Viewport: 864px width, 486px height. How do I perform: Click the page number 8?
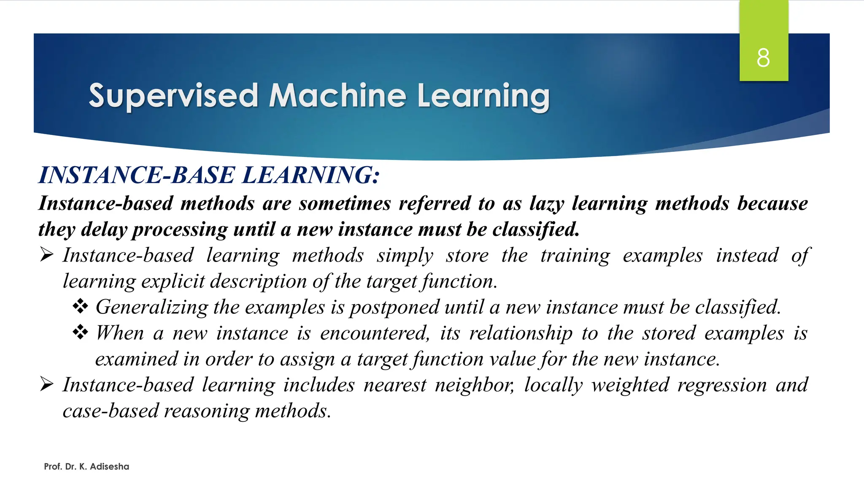(763, 58)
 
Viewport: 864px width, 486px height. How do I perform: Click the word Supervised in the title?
(173, 96)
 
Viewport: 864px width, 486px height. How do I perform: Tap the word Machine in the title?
(337, 95)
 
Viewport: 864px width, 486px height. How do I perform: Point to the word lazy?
(547, 204)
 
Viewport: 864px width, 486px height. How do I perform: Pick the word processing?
(180, 230)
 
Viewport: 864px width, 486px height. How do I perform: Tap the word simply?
(405, 256)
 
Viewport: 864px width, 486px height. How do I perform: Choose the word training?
(575, 256)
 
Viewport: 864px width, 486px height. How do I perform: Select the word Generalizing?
(152, 308)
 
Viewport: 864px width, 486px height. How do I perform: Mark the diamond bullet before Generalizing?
(80, 306)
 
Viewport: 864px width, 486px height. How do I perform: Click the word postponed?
(394, 308)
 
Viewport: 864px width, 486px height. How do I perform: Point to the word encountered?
(375, 334)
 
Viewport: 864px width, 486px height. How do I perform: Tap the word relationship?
(521, 334)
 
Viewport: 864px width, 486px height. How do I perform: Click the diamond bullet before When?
(80, 332)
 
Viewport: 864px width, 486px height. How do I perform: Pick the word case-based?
(111, 411)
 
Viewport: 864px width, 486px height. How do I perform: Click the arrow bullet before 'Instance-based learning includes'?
(46, 384)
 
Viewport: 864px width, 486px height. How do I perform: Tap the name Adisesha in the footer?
(109, 467)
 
